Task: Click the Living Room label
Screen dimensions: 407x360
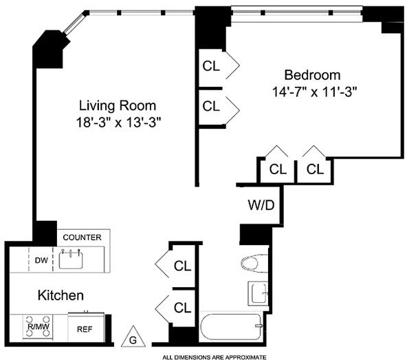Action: point(118,106)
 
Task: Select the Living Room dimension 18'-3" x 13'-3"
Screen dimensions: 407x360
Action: point(119,122)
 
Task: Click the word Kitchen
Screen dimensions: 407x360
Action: point(60,295)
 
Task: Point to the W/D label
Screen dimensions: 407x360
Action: point(261,205)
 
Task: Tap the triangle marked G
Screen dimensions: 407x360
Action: point(133,336)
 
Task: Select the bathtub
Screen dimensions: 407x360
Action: point(232,327)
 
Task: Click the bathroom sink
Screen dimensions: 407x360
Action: point(258,293)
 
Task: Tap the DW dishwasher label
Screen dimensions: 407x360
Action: point(41,260)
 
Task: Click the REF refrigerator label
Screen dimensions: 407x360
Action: point(85,329)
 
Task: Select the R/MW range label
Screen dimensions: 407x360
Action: point(38,327)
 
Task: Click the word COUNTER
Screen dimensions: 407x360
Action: point(82,237)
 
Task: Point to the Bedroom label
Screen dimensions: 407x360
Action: point(313,75)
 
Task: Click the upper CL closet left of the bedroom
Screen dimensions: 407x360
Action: point(211,66)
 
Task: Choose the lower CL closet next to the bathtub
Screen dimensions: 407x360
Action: point(182,308)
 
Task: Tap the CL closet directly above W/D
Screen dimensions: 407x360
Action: point(278,169)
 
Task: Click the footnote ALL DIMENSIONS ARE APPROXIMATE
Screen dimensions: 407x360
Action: point(214,357)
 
